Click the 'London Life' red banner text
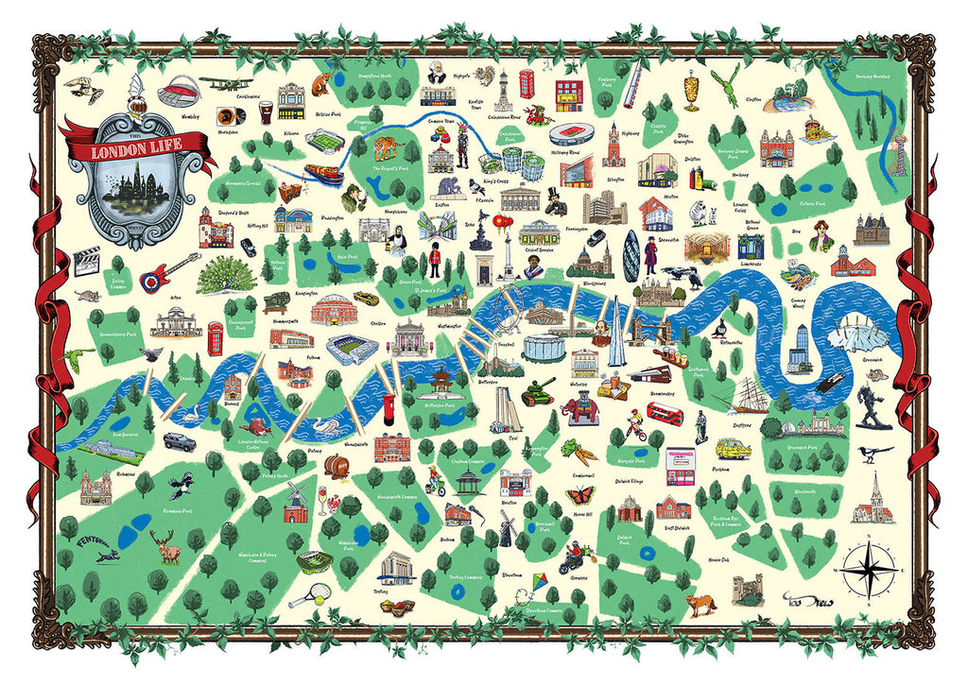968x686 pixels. tap(133, 151)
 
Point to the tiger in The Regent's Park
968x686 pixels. tap(387, 148)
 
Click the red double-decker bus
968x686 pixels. tap(665, 414)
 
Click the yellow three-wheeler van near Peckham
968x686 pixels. tap(738, 451)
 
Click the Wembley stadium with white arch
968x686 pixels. tap(180, 93)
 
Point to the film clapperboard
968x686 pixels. tap(87, 260)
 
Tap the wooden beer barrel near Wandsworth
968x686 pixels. tap(337, 465)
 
